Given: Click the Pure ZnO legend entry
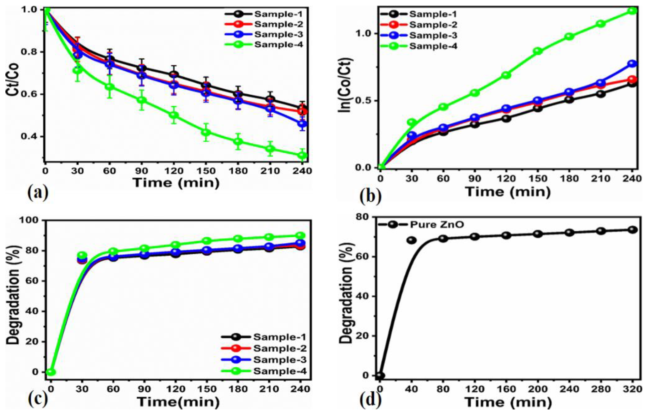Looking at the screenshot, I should [x=420, y=224].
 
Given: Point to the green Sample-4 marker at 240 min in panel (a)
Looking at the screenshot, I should [x=302, y=155].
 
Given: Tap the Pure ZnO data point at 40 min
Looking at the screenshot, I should [x=412, y=240].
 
